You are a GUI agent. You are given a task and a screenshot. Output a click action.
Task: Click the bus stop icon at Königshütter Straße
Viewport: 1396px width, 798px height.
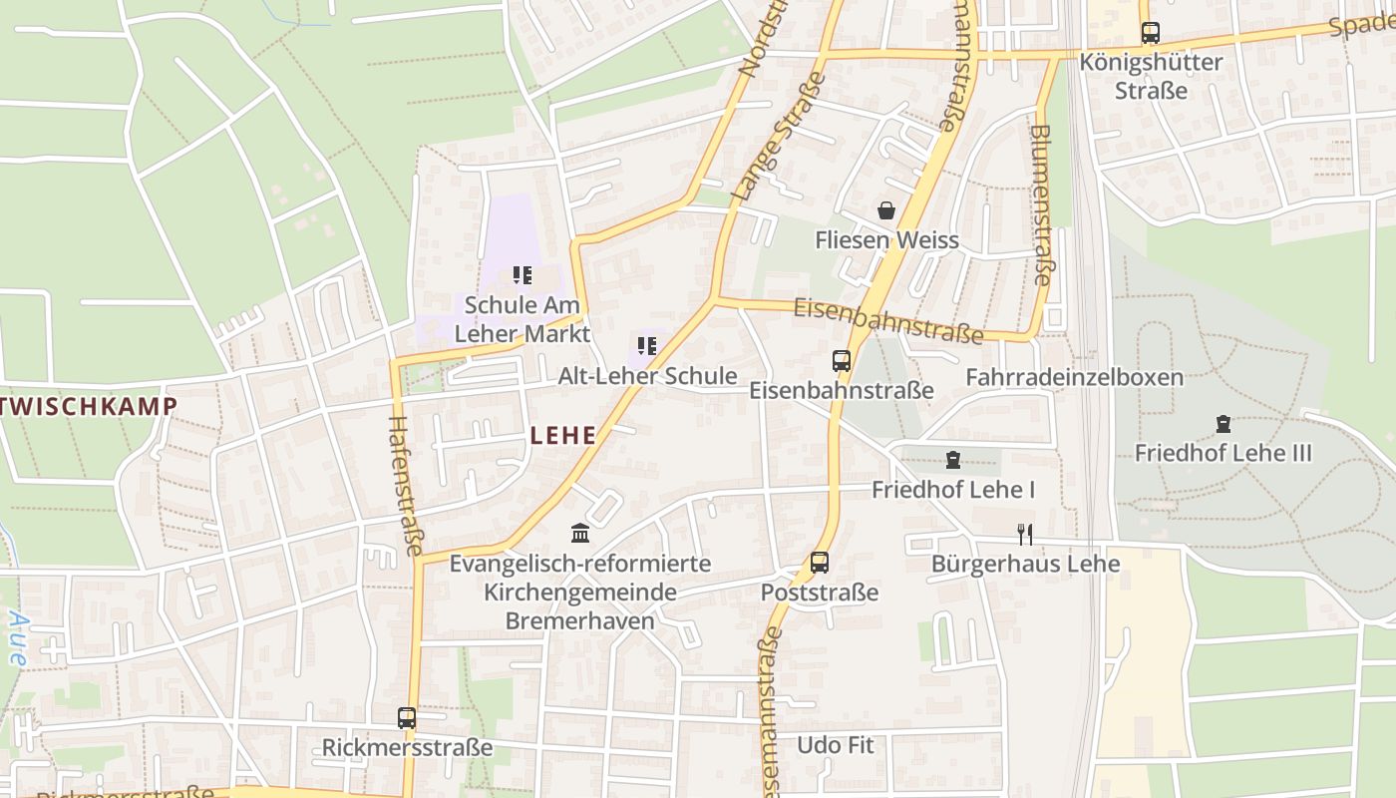(x=1151, y=32)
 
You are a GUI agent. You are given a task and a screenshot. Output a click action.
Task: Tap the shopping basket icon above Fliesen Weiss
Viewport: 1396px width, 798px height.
(x=885, y=210)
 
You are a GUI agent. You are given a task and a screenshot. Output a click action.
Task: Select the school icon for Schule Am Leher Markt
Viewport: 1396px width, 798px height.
(x=522, y=274)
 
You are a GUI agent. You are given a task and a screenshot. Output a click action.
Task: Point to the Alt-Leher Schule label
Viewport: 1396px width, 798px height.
(x=647, y=376)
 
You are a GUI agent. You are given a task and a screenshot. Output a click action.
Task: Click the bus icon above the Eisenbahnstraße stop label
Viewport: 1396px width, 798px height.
(x=842, y=360)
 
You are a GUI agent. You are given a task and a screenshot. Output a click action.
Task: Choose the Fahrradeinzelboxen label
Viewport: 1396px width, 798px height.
(x=1074, y=377)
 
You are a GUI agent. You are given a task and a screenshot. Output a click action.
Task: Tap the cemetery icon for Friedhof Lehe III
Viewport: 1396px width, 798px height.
(x=1223, y=424)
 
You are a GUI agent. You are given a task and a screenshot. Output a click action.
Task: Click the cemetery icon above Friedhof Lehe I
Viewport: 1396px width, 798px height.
(x=953, y=460)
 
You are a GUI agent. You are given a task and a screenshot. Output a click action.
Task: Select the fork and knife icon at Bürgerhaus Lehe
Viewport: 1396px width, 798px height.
(x=1024, y=534)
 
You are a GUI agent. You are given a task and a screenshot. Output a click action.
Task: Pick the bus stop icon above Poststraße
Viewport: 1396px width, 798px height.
(x=820, y=563)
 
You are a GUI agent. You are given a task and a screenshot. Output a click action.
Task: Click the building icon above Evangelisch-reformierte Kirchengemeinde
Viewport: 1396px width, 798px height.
(x=580, y=534)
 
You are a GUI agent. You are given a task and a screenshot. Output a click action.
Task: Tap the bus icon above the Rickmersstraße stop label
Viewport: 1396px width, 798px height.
(x=407, y=718)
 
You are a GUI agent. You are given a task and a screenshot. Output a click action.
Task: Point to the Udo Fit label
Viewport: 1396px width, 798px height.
(x=835, y=745)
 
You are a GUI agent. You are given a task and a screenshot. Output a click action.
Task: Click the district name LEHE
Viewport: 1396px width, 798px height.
(x=563, y=435)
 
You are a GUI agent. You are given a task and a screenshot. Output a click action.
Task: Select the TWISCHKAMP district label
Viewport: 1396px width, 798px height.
(x=89, y=406)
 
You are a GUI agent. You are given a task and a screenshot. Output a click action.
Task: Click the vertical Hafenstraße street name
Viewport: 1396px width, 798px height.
(x=405, y=485)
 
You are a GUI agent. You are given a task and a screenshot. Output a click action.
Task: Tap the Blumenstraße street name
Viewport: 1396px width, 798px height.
(x=1040, y=204)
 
